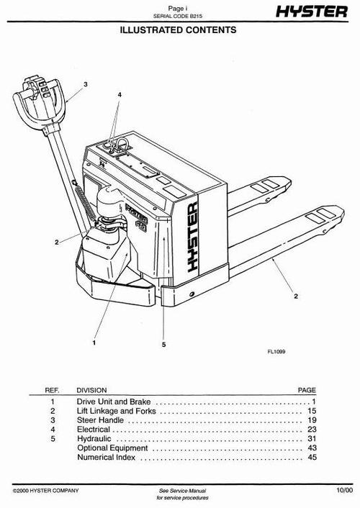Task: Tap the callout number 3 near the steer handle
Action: pos(85,85)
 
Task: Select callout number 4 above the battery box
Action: pos(120,95)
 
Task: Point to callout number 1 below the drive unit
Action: pos(94,343)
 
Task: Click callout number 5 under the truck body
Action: pos(164,345)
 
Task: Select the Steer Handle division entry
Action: pos(96,419)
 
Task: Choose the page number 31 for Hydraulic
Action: pos(311,438)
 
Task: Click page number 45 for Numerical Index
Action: pos(311,457)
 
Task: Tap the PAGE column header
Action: pos(307,391)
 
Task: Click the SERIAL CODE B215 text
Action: pos(176,16)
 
